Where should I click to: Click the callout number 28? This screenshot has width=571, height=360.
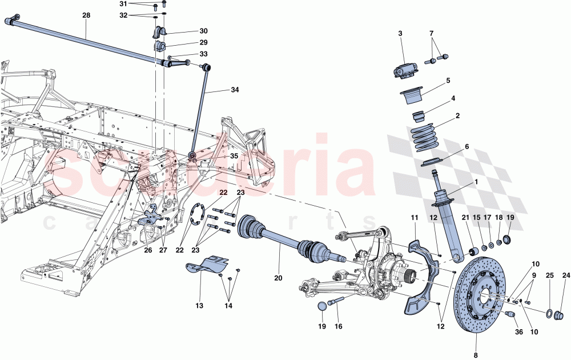[86, 15]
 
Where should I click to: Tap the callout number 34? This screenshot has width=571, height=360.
[235, 90]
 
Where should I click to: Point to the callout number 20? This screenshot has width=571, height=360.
[278, 278]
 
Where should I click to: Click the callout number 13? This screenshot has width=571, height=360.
[199, 306]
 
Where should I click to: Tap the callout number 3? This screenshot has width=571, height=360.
[400, 34]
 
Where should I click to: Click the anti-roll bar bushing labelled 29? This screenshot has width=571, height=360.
[160, 45]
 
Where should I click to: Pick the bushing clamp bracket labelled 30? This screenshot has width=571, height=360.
[159, 31]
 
